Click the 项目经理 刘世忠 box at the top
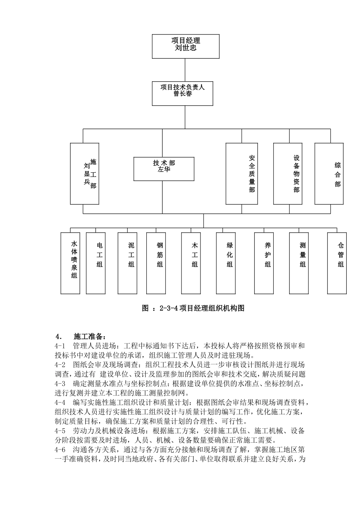point(186,46)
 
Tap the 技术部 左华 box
point(164,169)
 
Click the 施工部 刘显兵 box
point(85,173)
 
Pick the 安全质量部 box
point(242,173)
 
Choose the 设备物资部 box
point(288,173)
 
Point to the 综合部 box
point(329,173)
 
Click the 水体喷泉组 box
point(70,263)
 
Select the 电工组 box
point(95,263)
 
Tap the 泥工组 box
point(127,263)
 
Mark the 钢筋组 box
point(156,263)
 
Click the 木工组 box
point(191,263)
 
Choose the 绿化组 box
point(226,263)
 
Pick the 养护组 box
point(264,263)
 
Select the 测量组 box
point(299,263)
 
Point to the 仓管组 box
point(337,263)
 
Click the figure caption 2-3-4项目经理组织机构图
point(193,308)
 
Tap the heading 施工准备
point(88,336)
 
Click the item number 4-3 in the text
point(60,383)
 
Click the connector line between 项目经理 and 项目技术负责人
point(185,70)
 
